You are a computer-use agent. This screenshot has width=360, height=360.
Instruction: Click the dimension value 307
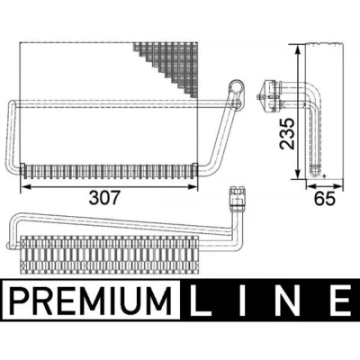[x=104, y=198]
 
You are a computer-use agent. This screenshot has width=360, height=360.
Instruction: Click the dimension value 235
[x=287, y=134]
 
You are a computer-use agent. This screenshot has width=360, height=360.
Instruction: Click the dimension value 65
[x=325, y=198]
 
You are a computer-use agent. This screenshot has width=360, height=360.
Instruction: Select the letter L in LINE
[x=201, y=300]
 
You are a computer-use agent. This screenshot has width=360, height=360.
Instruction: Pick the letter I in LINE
[x=242, y=300]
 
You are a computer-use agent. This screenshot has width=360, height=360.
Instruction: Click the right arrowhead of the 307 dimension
[x=192, y=187]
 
